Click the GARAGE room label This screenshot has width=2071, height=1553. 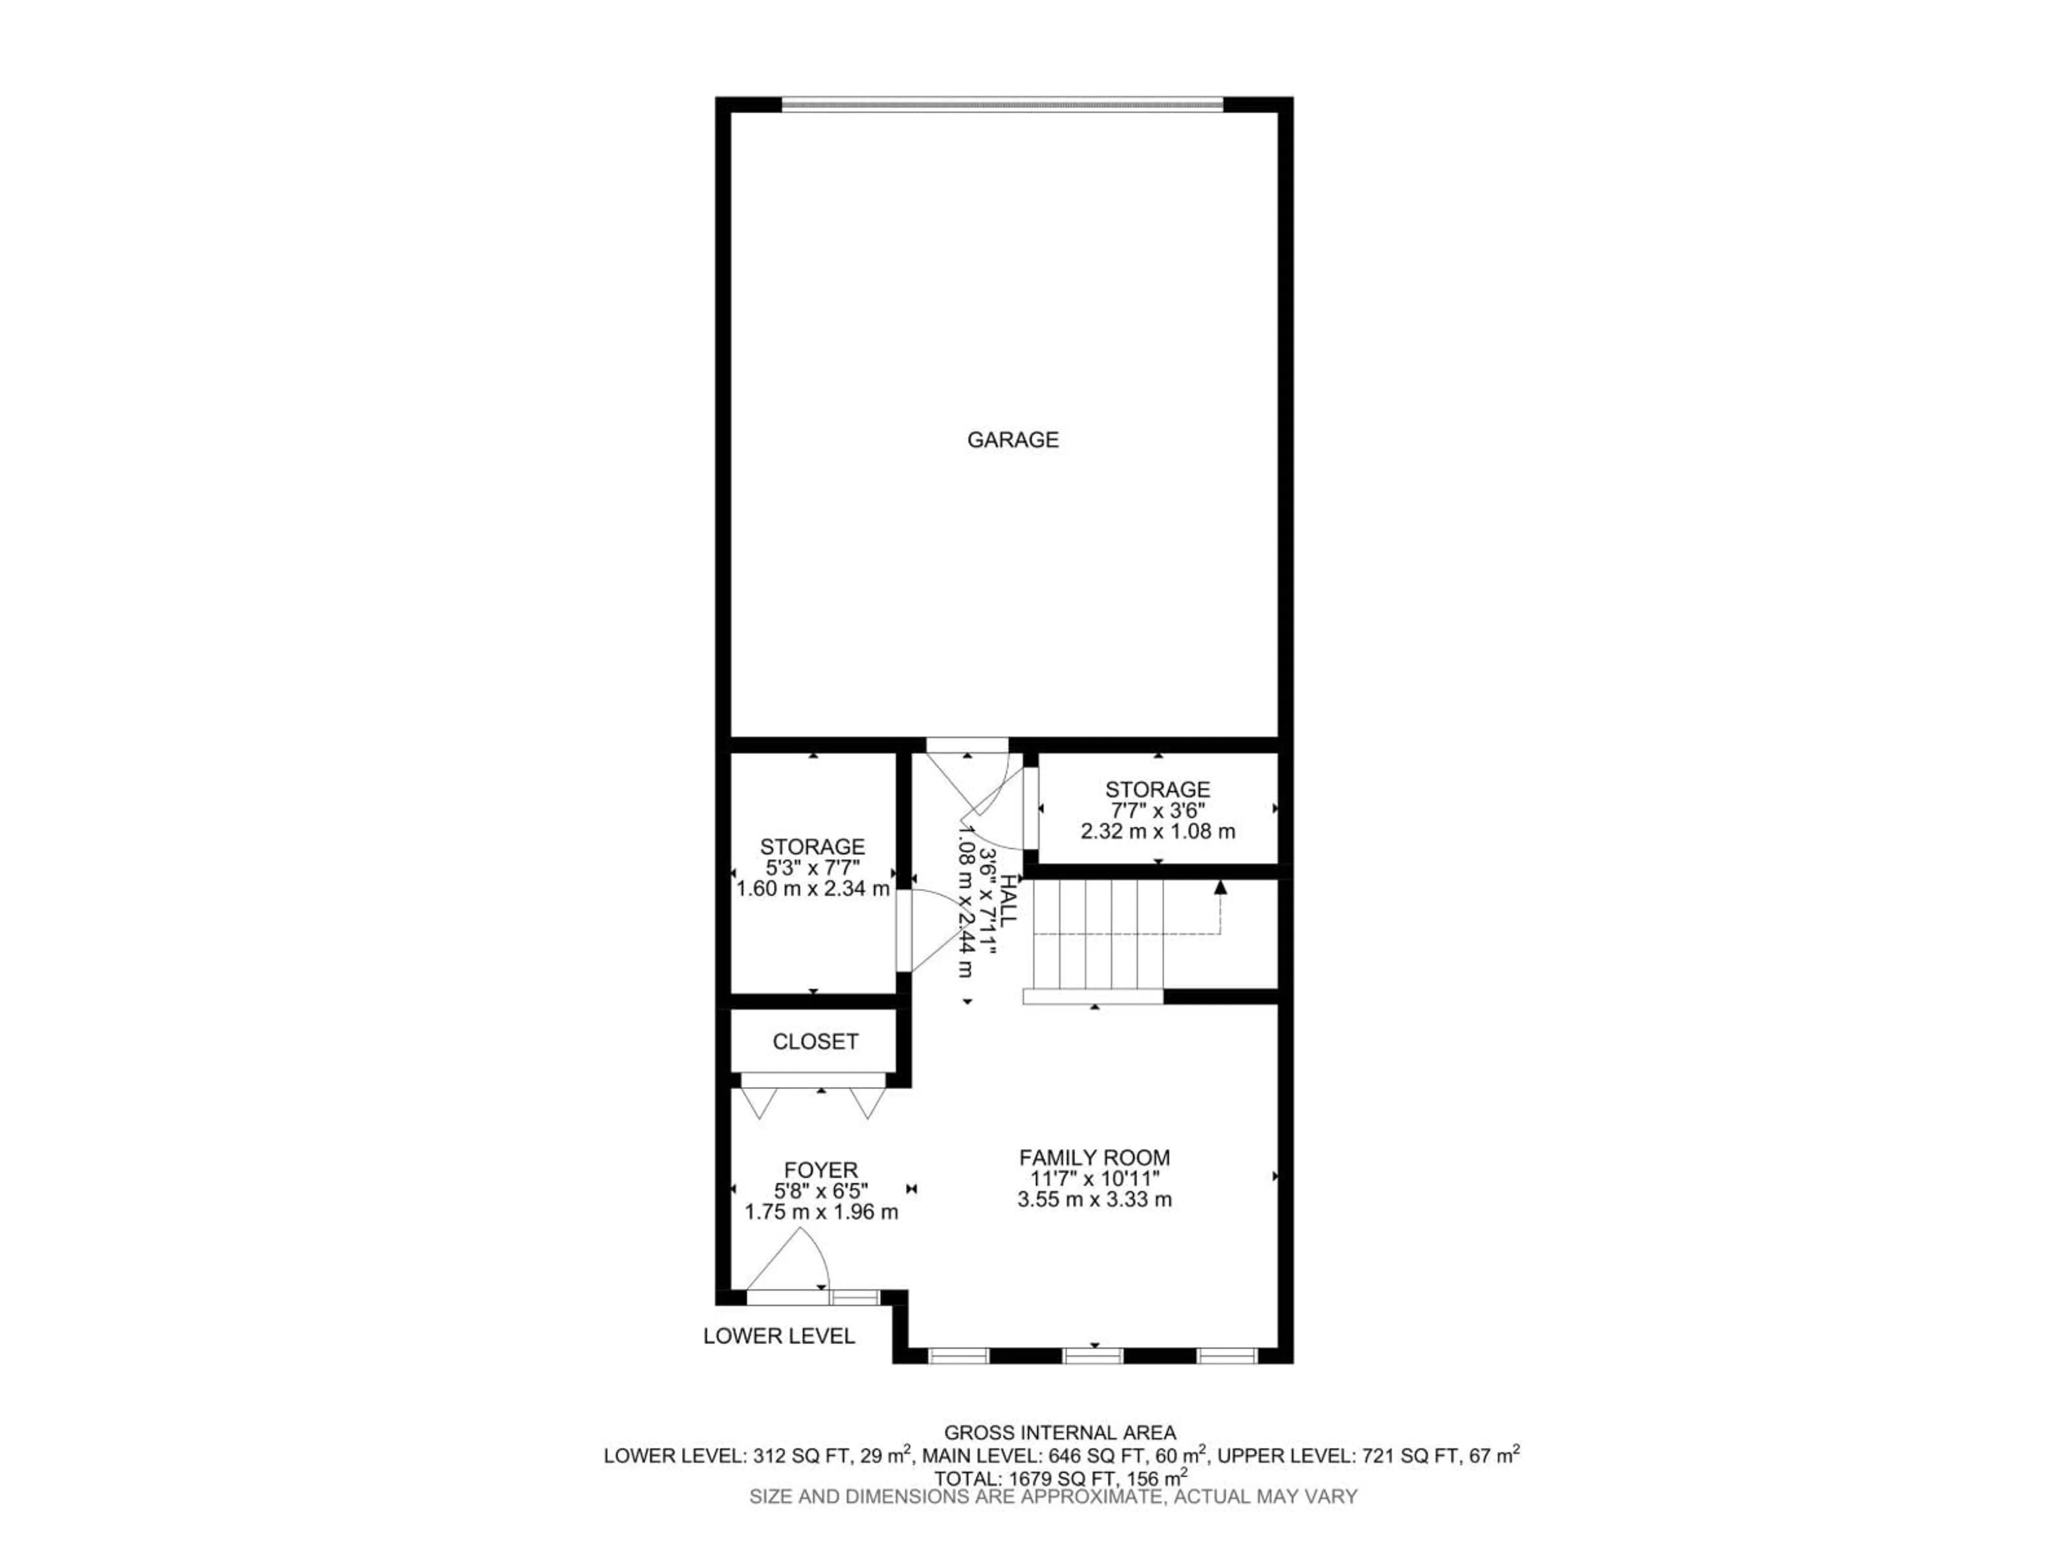pos(1012,439)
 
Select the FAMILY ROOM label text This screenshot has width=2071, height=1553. pos(1094,1157)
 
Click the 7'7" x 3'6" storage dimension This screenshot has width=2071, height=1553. pos(1157,810)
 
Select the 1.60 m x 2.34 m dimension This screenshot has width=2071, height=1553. pos(813,888)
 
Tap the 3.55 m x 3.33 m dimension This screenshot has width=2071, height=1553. pos(1094,1199)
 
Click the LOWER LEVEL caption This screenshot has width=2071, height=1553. pos(779,1336)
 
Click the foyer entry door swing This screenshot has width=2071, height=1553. pos(791,1264)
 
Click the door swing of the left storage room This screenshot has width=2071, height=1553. pos(931,931)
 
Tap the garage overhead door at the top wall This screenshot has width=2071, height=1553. pos(1002,105)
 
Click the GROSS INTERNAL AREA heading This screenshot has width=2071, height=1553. pos(1060,1432)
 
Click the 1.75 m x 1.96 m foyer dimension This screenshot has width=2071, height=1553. pos(821,1212)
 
